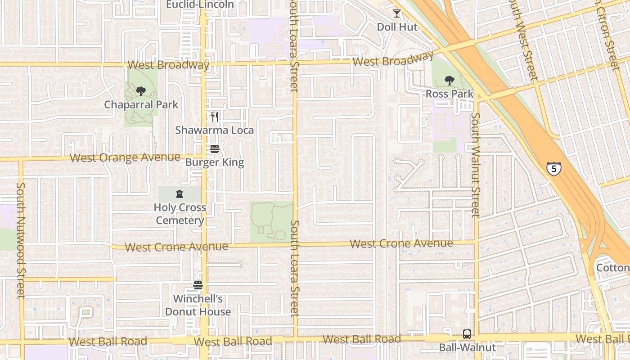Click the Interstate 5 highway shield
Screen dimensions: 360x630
click(x=554, y=168)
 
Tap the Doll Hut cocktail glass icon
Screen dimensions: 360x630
click(x=396, y=13)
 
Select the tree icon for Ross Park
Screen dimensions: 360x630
click(x=449, y=81)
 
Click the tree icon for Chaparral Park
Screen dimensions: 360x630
click(x=141, y=91)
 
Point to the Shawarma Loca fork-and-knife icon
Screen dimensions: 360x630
click(x=215, y=117)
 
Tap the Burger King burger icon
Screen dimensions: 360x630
click(x=215, y=149)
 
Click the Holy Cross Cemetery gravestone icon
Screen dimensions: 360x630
click(x=180, y=194)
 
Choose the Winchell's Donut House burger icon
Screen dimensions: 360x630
click(x=198, y=285)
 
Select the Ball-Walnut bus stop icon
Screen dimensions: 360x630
click(x=467, y=334)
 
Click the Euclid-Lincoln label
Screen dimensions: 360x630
click(x=200, y=4)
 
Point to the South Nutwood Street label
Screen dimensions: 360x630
click(x=21, y=240)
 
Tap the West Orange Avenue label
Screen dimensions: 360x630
click(x=125, y=158)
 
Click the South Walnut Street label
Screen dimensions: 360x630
click(x=475, y=165)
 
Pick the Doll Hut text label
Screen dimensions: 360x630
click(x=397, y=27)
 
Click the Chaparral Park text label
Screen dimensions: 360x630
click(x=141, y=105)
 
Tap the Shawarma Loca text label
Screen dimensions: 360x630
click(x=215, y=130)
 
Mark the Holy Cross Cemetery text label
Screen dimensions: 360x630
click(x=180, y=214)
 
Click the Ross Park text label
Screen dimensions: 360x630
click(x=450, y=94)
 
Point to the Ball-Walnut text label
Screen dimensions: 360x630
click(x=468, y=348)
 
